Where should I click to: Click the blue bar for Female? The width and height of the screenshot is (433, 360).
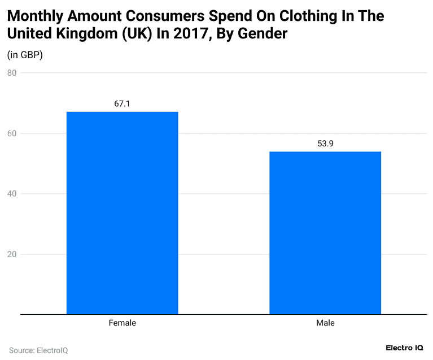click(122, 212)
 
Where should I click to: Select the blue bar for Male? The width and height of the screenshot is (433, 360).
click(325, 232)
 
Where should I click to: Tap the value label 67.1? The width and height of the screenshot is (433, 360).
click(122, 104)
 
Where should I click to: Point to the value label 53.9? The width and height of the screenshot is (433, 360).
click(325, 144)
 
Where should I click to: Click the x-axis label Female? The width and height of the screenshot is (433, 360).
click(122, 323)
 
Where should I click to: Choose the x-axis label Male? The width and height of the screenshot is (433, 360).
click(325, 323)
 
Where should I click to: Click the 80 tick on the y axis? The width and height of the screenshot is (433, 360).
click(12, 73)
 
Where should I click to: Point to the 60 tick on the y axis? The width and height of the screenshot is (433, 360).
click(12, 133)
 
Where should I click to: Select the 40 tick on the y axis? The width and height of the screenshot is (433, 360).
click(12, 194)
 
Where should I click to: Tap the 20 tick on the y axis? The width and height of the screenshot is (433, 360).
click(12, 254)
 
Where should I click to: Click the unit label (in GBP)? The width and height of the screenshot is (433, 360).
click(25, 55)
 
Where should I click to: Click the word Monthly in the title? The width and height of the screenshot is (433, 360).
click(34, 16)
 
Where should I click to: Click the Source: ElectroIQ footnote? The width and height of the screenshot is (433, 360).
click(38, 350)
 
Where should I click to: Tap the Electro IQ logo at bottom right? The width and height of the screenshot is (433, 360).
click(404, 348)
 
